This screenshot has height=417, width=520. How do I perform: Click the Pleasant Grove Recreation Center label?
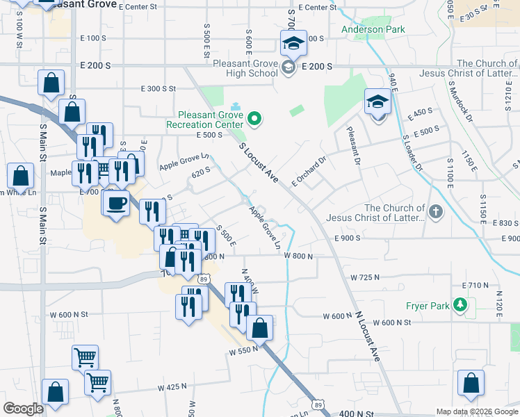(204, 120)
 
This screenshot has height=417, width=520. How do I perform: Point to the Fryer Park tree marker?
(459, 304)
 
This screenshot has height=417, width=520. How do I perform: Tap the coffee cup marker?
(116, 204)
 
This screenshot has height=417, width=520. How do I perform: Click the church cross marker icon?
(435, 211)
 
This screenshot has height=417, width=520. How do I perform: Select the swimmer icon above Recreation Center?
(236, 107)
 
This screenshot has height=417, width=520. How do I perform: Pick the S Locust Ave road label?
(259, 163)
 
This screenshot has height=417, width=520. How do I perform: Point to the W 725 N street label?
(365, 277)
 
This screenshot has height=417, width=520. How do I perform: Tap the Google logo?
(23, 409)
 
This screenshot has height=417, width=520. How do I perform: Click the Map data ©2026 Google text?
(477, 411)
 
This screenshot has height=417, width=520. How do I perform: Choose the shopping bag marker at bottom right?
(471, 382)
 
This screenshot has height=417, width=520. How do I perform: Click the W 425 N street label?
(172, 386)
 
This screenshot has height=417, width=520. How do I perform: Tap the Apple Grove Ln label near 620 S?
(184, 163)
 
